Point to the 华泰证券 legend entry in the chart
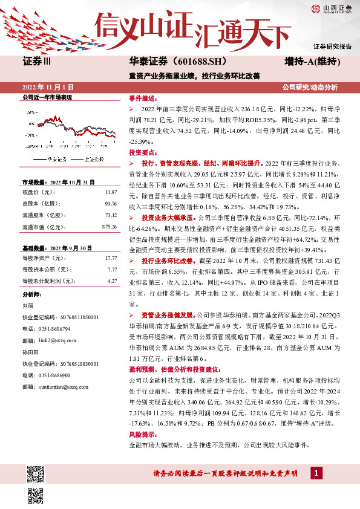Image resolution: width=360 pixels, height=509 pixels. [58, 159]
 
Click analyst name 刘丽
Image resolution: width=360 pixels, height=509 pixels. [27, 305]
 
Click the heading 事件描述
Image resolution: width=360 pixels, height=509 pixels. [143, 97]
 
